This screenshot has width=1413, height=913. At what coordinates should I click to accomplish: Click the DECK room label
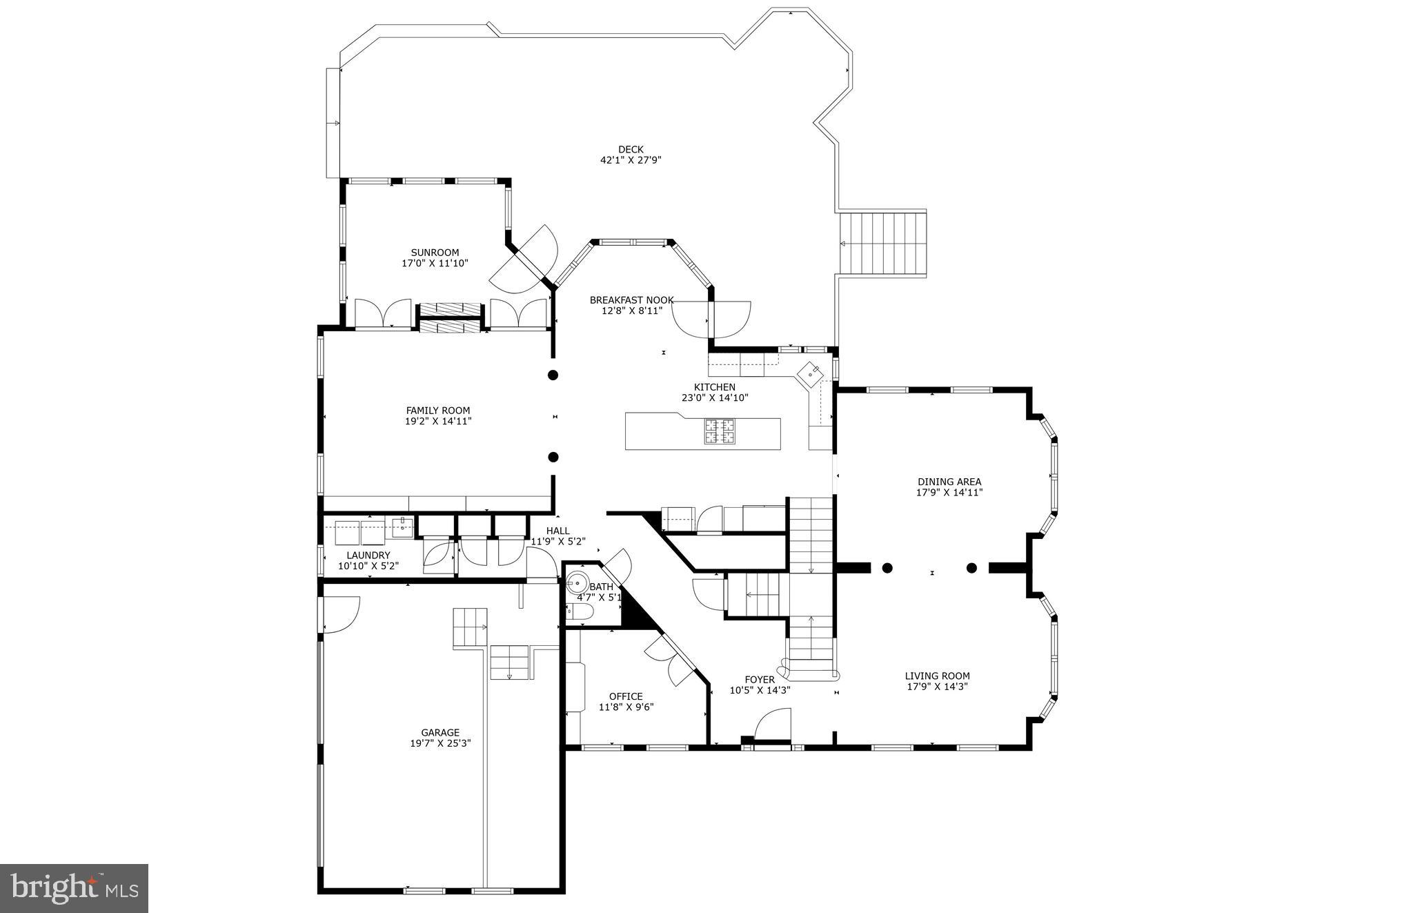click(x=631, y=149)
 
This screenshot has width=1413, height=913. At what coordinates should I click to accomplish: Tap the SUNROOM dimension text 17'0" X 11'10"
click(x=435, y=263)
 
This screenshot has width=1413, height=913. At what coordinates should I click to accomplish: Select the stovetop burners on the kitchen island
click(x=720, y=431)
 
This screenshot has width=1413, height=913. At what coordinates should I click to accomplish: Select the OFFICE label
click(x=626, y=696)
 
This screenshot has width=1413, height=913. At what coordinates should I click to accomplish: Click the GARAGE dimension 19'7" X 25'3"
click(x=440, y=743)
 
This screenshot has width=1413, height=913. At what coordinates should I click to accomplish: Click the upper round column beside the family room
click(x=553, y=375)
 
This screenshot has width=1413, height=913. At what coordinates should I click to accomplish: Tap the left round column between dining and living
click(x=887, y=568)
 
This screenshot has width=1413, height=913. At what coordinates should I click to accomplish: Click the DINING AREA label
click(x=949, y=482)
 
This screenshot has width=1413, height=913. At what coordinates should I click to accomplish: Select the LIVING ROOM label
click(x=937, y=676)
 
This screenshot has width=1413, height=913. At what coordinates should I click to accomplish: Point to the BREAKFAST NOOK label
click(x=631, y=300)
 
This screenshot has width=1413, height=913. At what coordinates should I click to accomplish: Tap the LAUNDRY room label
click(x=368, y=556)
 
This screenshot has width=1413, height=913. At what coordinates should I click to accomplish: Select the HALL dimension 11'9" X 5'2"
click(x=557, y=542)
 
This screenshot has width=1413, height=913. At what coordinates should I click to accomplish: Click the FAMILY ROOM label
click(x=437, y=411)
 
